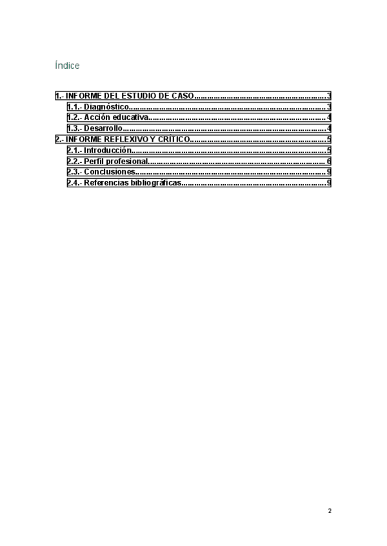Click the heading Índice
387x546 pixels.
[68, 66]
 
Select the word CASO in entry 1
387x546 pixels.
[183, 96]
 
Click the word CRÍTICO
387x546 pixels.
[174, 140]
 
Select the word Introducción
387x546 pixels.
[108, 151]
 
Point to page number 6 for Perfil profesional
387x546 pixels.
[329, 162]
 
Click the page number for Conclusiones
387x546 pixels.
[329, 173]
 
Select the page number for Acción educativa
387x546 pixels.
[329, 118]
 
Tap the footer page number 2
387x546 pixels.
[330, 511]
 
